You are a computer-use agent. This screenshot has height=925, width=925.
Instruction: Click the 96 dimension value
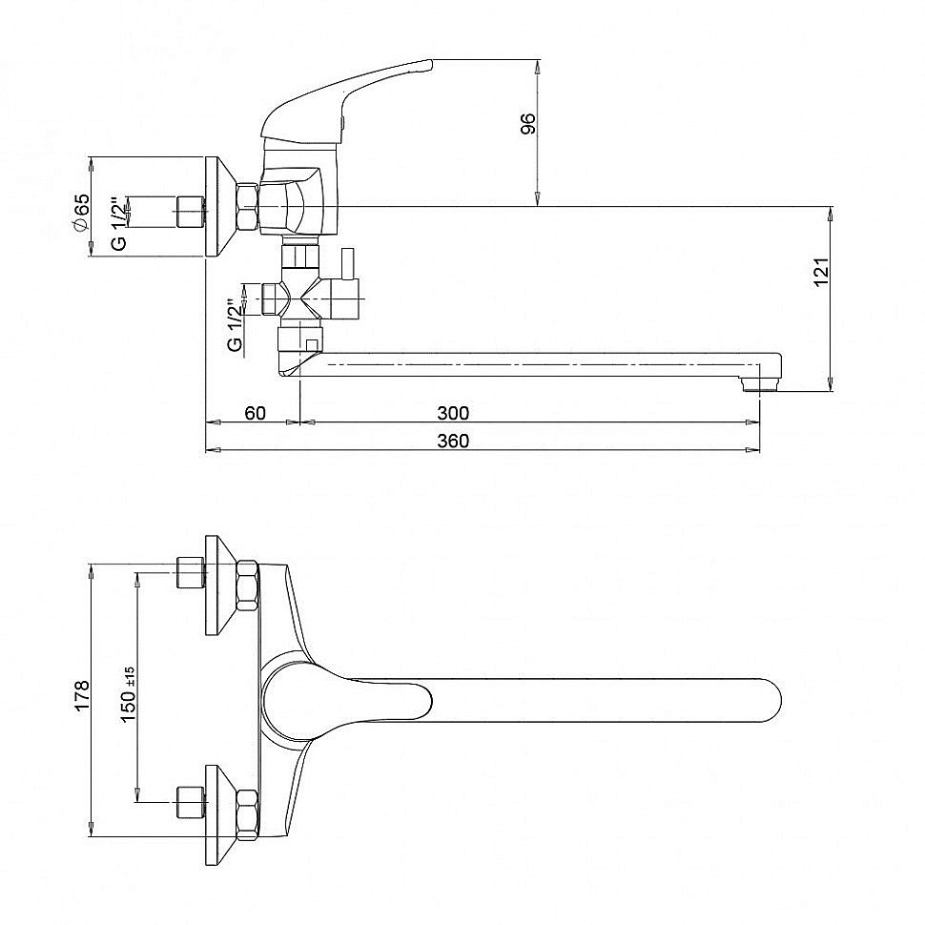point(528,123)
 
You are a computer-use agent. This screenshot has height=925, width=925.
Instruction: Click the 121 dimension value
point(821,272)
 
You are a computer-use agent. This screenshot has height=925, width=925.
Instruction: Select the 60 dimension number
point(255,413)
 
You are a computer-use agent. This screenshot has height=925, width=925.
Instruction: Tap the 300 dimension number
point(453,413)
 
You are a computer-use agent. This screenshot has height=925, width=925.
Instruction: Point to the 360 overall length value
point(453,441)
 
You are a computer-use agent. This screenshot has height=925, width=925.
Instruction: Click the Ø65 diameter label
point(81,212)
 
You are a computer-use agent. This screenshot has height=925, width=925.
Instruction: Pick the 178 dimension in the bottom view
point(81,694)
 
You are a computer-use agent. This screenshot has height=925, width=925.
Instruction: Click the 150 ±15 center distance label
point(128,693)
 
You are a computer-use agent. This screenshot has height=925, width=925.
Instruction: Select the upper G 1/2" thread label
point(119,223)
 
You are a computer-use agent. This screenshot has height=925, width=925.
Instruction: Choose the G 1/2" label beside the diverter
point(236,326)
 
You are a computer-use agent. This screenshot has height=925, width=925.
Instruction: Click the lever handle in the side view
point(348,100)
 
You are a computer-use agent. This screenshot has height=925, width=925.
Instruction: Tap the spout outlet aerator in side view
point(760,385)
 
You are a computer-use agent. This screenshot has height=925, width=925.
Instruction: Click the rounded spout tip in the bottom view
point(770,700)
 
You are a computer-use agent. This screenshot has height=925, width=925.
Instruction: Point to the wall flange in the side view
point(220,207)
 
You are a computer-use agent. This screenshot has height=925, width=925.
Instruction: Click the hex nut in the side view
point(248,207)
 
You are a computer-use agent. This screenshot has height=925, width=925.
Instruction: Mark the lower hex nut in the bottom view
point(247,814)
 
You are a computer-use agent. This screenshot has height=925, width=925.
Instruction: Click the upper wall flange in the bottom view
point(220,586)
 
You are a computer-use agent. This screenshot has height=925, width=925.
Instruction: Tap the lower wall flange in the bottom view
point(220,815)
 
